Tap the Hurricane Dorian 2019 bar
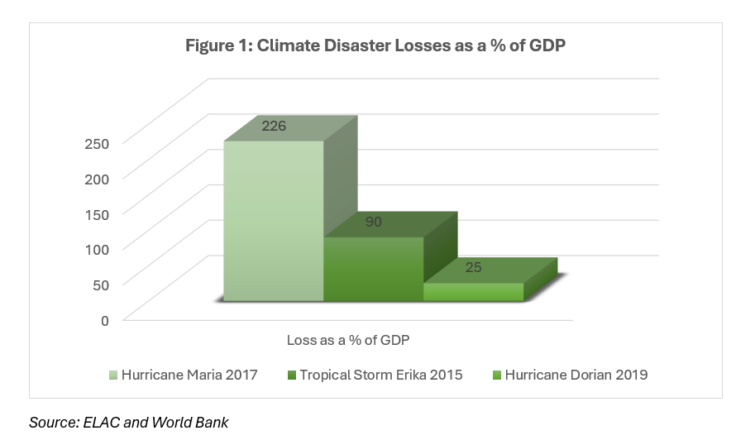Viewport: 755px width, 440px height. (473, 292)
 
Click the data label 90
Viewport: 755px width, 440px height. (374, 223)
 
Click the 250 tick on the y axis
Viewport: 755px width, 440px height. (98, 142)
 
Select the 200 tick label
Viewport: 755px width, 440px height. (98, 178)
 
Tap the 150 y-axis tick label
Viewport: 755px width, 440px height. (98, 213)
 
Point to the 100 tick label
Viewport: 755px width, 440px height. (98, 249)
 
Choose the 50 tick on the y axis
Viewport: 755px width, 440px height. (101, 285)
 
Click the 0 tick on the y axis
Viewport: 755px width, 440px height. (104, 320)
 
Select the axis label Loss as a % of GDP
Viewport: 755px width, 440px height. (348, 340)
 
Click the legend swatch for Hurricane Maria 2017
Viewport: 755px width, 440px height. (113, 375)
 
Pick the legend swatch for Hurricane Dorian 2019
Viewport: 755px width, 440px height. (496, 375)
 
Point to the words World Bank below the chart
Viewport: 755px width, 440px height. (194, 423)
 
